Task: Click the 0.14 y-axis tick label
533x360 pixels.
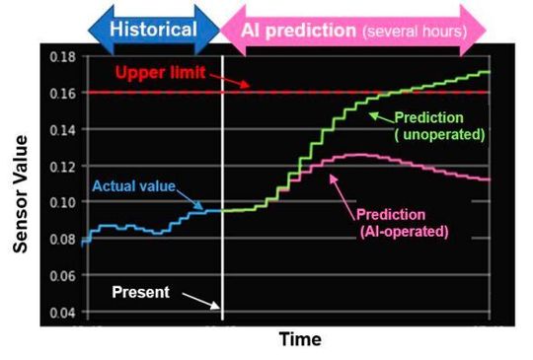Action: click(62, 129)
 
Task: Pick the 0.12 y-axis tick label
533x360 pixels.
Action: click(62, 166)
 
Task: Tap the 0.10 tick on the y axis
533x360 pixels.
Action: click(62, 202)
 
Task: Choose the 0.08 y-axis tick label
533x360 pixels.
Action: click(62, 239)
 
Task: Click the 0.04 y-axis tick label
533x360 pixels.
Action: click(62, 313)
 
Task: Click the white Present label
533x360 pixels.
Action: click(139, 292)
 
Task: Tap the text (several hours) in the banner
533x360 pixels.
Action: click(415, 32)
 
